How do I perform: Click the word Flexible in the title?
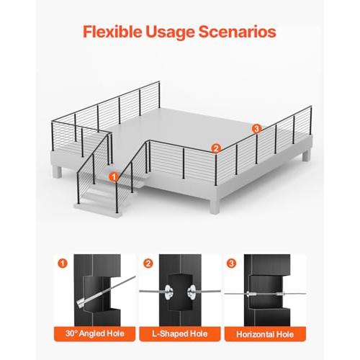coord(112,32)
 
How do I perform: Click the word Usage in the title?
coord(170,32)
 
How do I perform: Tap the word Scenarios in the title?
coord(238,32)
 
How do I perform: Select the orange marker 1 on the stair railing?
coord(113,177)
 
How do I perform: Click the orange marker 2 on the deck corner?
coord(216,148)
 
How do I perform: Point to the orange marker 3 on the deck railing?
coord(256,129)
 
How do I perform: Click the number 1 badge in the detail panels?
coord(63,264)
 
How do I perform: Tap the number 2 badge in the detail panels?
coord(148,264)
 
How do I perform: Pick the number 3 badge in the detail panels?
coord(231,264)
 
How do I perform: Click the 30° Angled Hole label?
coord(95,333)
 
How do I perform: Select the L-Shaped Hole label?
coord(180,334)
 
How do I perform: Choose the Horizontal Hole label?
coord(265,334)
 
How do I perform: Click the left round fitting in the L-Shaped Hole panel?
coord(168,292)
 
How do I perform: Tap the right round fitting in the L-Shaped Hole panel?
coord(192,292)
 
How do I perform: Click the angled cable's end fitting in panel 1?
coord(81,303)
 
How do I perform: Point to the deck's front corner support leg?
coord(215,207)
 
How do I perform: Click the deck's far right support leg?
coord(306,155)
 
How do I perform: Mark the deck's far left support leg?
coord(57,171)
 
